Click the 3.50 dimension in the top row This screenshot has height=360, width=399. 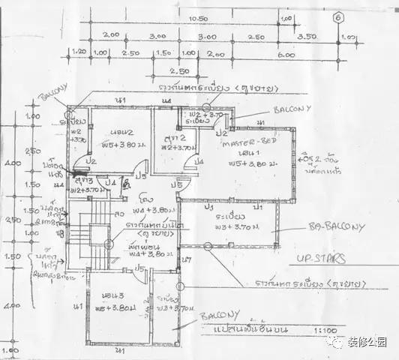(307, 35)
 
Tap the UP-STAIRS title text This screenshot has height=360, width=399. (320, 260)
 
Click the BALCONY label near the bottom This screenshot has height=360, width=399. (219, 316)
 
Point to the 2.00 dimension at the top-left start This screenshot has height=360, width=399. (111, 35)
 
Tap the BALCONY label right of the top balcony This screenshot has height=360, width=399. (292, 109)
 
